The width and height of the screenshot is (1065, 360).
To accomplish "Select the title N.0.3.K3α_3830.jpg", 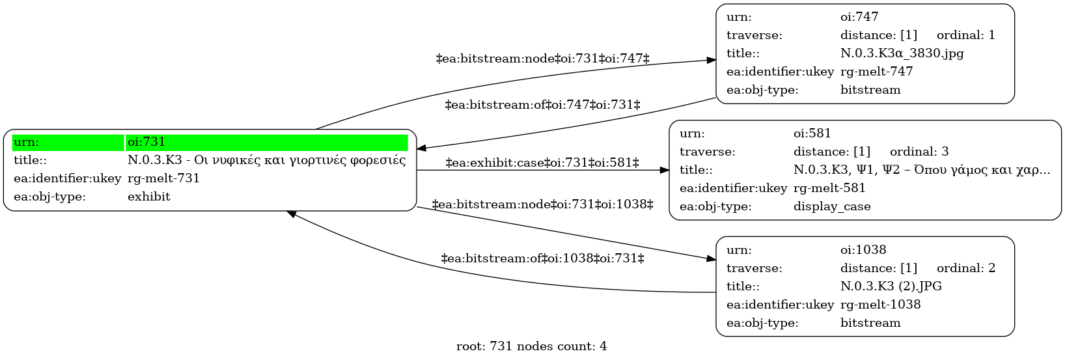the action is [x=902, y=53].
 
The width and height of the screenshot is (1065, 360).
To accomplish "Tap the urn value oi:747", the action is [x=859, y=17].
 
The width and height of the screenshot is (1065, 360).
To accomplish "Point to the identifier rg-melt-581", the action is [x=829, y=188].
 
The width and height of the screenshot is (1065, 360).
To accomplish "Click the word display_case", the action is [x=832, y=206].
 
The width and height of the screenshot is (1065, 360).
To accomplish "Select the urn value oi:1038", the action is [x=863, y=250].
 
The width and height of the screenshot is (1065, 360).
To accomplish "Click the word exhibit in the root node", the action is [x=149, y=197].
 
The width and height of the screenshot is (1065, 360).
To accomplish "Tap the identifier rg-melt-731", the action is [x=163, y=178].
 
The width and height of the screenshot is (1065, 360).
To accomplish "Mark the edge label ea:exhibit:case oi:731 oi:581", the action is [x=542, y=163].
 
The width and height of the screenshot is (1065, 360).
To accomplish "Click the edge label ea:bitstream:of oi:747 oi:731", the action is [x=542, y=105].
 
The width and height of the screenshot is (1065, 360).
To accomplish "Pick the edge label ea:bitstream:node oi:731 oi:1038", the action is [x=542, y=204].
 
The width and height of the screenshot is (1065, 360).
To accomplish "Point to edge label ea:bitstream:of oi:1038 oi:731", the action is [x=542, y=258].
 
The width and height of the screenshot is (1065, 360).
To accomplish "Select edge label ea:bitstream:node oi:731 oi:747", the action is [x=542, y=59].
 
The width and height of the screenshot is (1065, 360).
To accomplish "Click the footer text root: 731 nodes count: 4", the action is [x=532, y=346].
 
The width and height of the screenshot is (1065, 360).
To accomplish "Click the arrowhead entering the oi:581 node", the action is [x=664, y=171].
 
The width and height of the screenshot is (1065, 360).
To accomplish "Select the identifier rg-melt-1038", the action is [x=881, y=305].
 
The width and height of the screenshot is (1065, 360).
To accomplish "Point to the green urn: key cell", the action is [x=68, y=142].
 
